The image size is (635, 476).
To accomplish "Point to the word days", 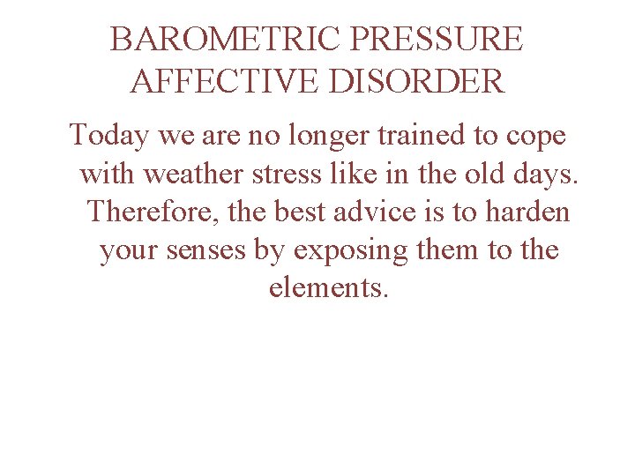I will pos(545,175).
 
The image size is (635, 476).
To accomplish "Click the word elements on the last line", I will pos(327,288).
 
